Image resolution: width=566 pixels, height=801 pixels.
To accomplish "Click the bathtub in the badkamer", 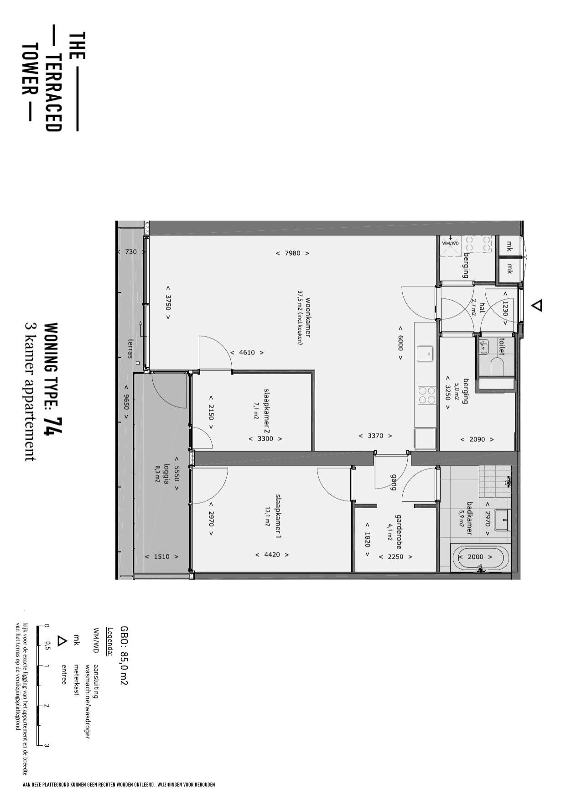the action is (481, 557).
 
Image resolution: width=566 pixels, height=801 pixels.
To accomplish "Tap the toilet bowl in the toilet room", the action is (496, 366).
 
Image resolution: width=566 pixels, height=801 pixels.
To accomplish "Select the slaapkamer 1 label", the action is (278, 516).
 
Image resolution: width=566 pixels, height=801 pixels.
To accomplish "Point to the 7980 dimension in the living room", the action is (292, 253).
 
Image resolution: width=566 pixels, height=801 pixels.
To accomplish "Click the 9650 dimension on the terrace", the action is (126, 396).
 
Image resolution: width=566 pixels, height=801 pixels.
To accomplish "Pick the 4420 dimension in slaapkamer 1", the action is (272, 555).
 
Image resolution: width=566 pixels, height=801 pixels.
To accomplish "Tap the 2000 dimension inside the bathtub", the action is (475, 557).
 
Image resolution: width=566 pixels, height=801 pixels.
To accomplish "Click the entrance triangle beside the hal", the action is (537, 305).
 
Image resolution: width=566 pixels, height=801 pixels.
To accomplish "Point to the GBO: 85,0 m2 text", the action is (124, 655).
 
